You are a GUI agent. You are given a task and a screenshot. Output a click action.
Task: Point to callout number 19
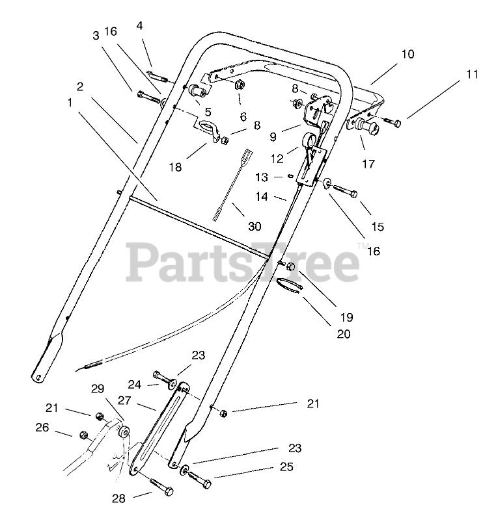pyautogui.click(x=346, y=317)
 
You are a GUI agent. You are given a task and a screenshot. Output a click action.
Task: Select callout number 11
pyautogui.click(x=472, y=75)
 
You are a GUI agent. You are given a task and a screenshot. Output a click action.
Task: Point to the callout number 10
pyautogui.click(x=407, y=55)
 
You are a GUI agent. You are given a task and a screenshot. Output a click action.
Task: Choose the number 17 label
pyautogui.click(x=368, y=164)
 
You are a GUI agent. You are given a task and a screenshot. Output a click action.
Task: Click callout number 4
pyautogui.click(x=140, y=26)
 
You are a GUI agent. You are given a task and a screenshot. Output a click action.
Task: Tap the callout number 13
pyautogui.click(x=261, y=177)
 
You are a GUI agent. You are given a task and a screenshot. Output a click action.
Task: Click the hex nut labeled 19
pyautogui.click(x=290, y=266)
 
